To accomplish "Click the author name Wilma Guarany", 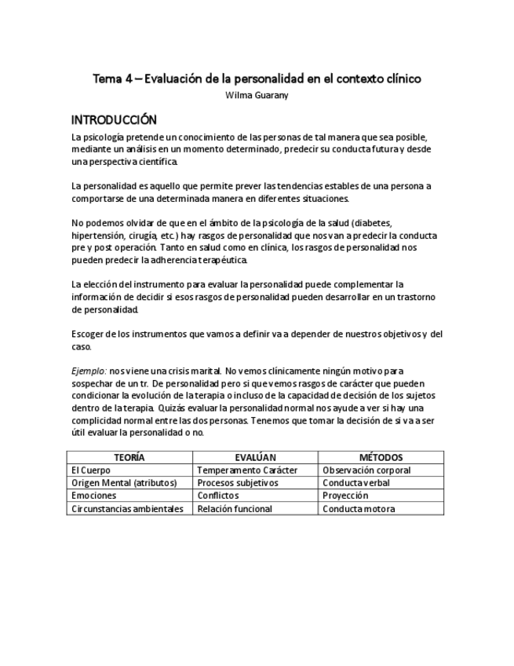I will coord(257,96).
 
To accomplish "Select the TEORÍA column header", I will coord(129,457).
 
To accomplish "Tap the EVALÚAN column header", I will coord(256,457).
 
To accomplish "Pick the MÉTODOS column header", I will coord(381,457).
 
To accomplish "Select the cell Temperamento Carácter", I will coord(247,470).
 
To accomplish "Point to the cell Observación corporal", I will coord(366,470).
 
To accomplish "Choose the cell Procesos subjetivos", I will coord(238,483).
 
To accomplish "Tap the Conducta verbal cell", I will coord(356,483).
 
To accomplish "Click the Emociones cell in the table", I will coord(93,496).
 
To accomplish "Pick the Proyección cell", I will coord(345,496).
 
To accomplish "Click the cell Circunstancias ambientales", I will coord(127,509).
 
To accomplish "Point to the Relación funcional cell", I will coord(235,509).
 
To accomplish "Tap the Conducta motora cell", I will coord(359,509).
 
